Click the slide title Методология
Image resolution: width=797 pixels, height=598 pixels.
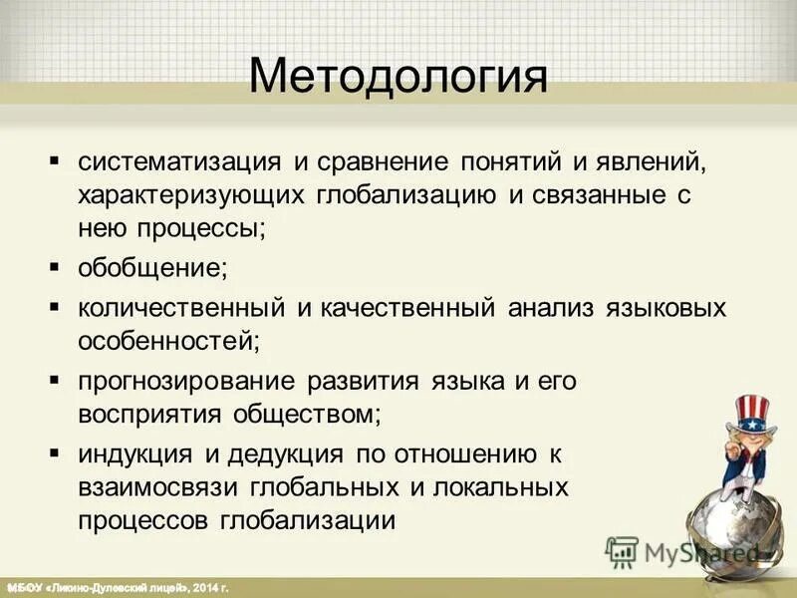pos(398,76)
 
